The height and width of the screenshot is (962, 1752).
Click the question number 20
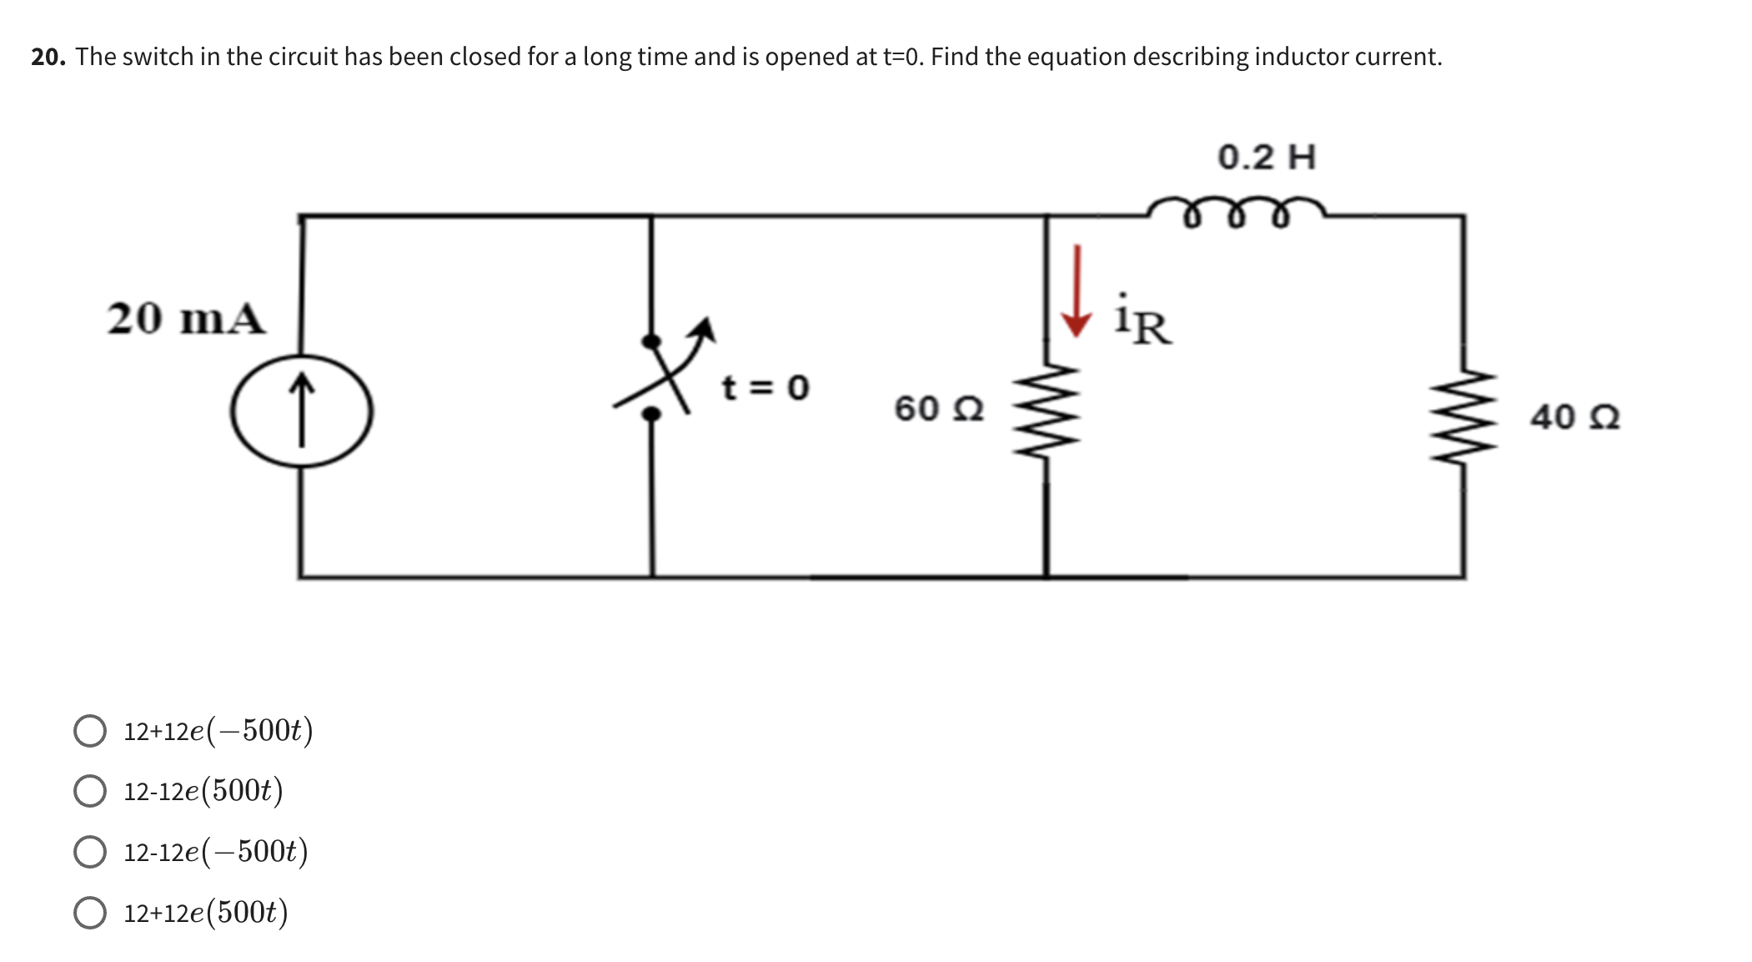point(48,57)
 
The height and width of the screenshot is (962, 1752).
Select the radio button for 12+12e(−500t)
point(90,731)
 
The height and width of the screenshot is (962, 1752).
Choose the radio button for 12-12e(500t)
point(90,791)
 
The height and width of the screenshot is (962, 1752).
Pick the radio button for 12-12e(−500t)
point(90,852)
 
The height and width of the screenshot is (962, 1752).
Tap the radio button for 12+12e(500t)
point(90,913)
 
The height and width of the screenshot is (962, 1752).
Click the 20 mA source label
point(186,319)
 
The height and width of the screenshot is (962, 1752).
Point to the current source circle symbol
point(301,410)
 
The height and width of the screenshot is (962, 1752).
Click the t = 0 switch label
point(765,388)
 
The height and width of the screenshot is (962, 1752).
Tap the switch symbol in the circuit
point(659,375)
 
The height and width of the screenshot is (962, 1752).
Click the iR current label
point(1143,320)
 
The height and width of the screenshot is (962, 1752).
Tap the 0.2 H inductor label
point(1266,158)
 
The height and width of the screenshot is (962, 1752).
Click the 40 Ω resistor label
point(1574,417)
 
